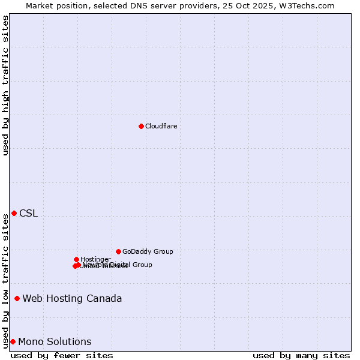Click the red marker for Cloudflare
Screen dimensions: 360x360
tap(141, 126)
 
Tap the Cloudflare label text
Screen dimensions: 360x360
tap(161, 126)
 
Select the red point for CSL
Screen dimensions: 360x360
tap(14, 213)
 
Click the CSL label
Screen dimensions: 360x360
tap(28, 214)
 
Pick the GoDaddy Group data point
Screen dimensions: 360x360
tap(118, 251)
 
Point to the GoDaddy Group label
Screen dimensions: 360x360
tap(148, 252)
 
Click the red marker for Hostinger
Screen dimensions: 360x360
tap(76, 259)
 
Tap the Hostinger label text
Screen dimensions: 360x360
tap(95, 259)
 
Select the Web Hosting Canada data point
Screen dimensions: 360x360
tap(17, 298)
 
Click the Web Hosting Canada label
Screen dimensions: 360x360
tap(72, 299)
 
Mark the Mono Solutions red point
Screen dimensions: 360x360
tap(13, 341)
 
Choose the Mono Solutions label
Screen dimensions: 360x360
tap(55, 342)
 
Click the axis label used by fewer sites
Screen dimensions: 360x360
tap(62, 355)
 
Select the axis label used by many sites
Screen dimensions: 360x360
tap(301, 355)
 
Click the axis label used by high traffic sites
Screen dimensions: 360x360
tap(6, 85)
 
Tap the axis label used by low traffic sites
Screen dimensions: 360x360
tap(6, 281)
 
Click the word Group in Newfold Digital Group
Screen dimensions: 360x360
tap(142, 265)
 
